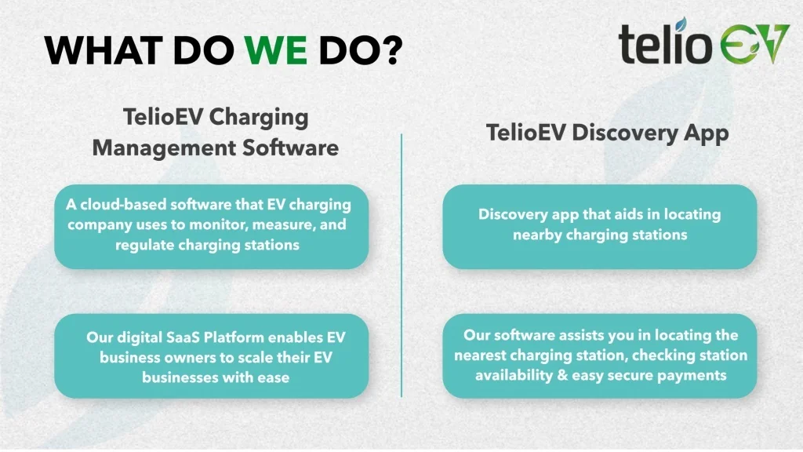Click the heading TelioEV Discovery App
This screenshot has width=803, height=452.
tap(608, 133)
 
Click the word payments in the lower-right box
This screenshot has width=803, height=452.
tap(692, 375)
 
